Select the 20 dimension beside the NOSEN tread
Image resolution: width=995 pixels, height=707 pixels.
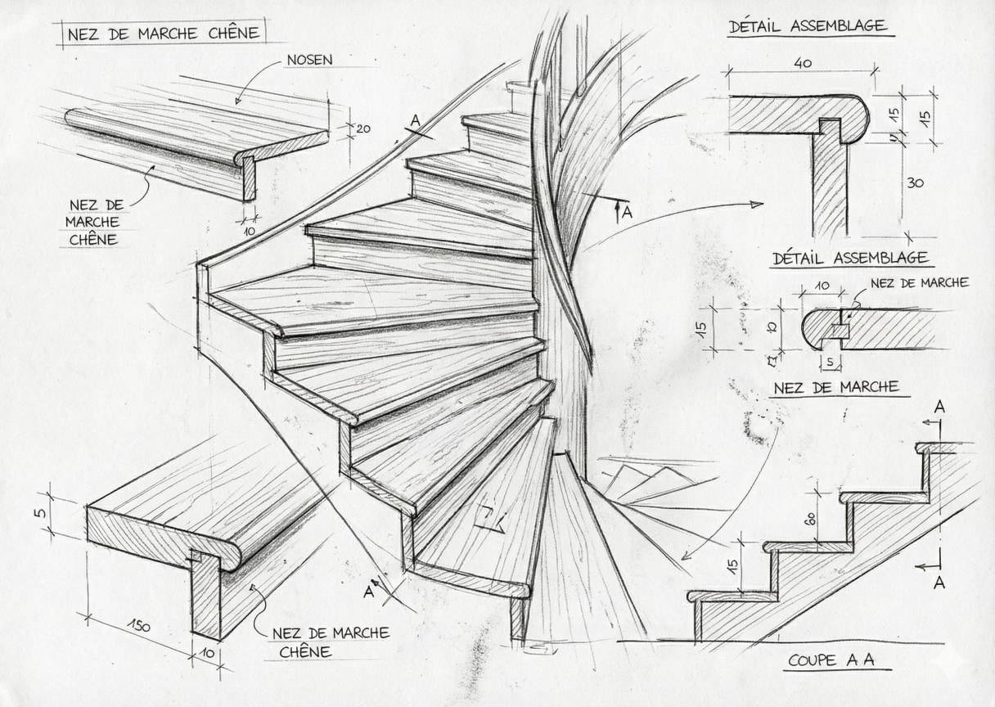click(363, 128)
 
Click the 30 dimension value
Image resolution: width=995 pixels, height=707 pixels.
click(916, 182)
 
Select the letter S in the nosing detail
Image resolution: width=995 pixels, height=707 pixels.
click(829, 361)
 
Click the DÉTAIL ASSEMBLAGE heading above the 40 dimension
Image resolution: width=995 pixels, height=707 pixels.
click(807, 26)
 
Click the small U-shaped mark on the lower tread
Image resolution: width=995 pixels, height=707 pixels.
click(489, 516)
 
